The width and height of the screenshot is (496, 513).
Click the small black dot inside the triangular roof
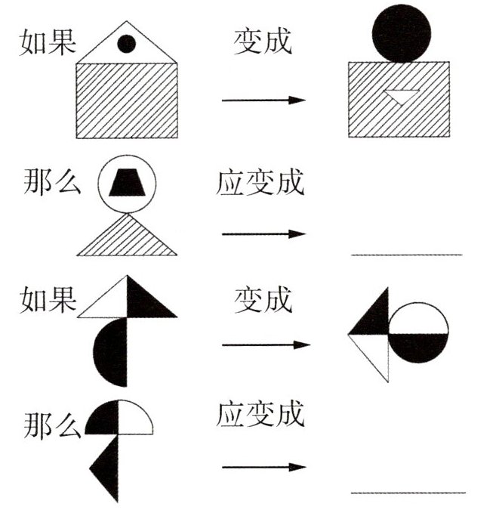[x=127, y=45]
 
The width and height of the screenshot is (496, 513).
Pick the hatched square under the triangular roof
[x=127, y=100]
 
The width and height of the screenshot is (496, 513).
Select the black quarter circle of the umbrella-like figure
[x=103, y=418]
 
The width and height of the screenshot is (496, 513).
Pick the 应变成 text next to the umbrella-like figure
[x=260, y=414]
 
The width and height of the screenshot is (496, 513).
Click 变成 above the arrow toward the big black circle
[x=262, y=42]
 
